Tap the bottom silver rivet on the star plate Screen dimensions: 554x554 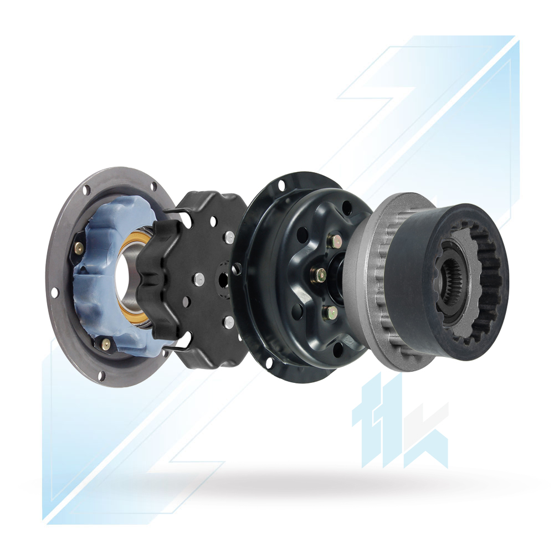click(229, 321)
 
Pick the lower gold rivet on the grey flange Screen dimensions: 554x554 click(105, 343)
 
